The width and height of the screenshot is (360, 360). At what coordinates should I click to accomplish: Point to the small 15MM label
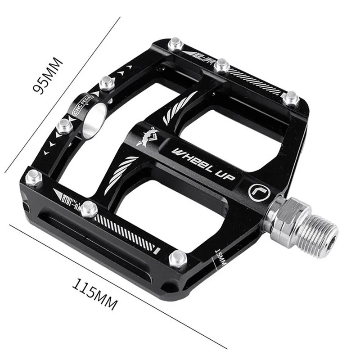220,258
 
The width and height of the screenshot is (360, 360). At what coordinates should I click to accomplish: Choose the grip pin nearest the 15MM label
177,258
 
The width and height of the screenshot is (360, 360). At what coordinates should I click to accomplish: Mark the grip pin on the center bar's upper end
221,66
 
